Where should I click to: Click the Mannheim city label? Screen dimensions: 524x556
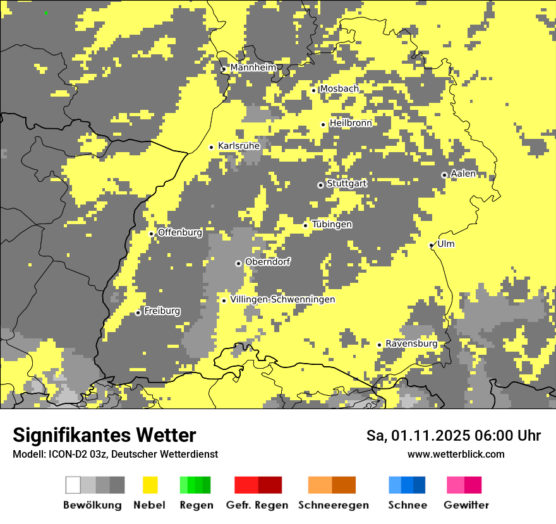coord(253,68)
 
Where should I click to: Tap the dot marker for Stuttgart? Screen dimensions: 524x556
coord(320,185)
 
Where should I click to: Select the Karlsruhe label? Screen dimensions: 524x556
coord(239,146)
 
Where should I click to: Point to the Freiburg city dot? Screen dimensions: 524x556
coord(138,313)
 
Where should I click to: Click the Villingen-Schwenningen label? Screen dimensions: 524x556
coord(282,299)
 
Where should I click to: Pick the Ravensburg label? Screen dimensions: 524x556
coord(411,343)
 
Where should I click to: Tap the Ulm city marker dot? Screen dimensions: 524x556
coord(432,245)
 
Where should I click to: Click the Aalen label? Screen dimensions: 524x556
coord(463,174)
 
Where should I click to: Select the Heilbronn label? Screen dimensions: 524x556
coord(350,123)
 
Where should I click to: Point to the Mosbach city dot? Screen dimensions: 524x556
coord(313,90)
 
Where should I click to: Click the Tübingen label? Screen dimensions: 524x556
coord(332,224)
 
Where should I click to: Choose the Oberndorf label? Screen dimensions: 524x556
coord(267,261)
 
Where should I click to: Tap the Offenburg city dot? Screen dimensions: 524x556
coord(152,234)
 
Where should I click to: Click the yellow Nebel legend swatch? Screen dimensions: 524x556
coord(150,485)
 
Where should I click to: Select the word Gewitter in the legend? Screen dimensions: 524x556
coord(466,505)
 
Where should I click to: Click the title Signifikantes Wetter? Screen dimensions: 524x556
coord(104,435)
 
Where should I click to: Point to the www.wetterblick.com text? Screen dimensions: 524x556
coord(456,454)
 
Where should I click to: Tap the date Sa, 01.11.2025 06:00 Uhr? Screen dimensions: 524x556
coord(453,436)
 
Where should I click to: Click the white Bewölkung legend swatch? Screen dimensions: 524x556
coord(73,485)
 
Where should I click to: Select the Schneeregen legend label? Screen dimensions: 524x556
coord(334,505)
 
